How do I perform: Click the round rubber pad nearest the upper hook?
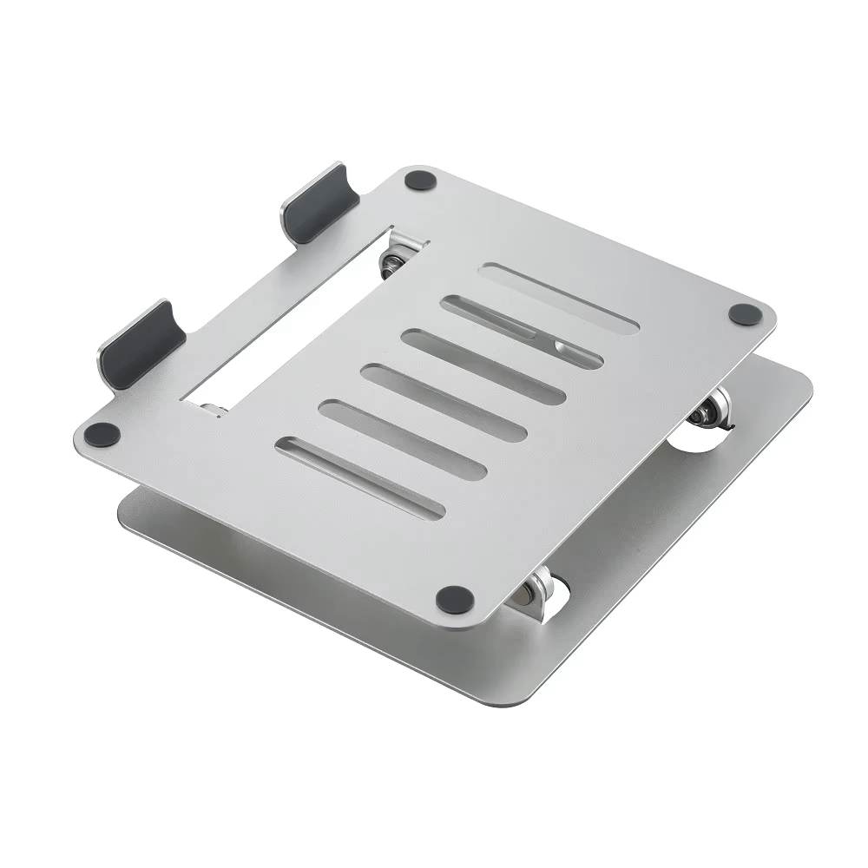421,181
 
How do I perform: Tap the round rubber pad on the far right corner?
744,314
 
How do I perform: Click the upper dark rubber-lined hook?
319,204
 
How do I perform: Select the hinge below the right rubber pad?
712,408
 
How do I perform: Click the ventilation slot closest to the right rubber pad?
560,297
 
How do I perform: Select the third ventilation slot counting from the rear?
483,366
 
